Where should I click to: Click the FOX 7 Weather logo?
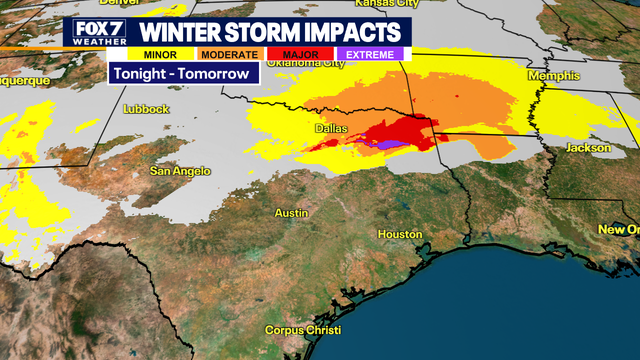91,31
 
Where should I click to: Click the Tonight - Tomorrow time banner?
183,74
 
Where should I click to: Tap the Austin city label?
291,213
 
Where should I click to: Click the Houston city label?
400,233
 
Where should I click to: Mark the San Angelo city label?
180,171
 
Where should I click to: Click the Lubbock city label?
147,108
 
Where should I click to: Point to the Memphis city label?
556,76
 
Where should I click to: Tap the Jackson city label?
587,147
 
